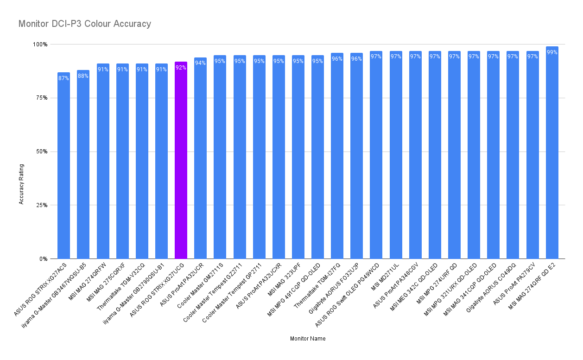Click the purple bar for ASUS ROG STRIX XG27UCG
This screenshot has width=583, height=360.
pos(181,162)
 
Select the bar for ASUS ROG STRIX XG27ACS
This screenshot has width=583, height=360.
pos(63,167)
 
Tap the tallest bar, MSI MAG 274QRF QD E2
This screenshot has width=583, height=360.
pos(552,153)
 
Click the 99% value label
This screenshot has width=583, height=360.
pos(552,52)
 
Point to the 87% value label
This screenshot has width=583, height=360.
pos(63,78)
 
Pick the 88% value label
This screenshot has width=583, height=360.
pos(83,76)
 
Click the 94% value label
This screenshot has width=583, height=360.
pos(200,63)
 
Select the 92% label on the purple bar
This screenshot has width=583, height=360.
pos(181,68)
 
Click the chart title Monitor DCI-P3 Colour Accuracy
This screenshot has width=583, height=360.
pos(85,24)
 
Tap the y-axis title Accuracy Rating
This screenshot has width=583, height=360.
pos(21,184)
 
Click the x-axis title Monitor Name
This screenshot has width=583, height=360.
pos(308,339)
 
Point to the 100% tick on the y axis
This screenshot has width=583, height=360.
pos(39,44)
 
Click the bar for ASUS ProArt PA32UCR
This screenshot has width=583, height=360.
pos(200,160)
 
